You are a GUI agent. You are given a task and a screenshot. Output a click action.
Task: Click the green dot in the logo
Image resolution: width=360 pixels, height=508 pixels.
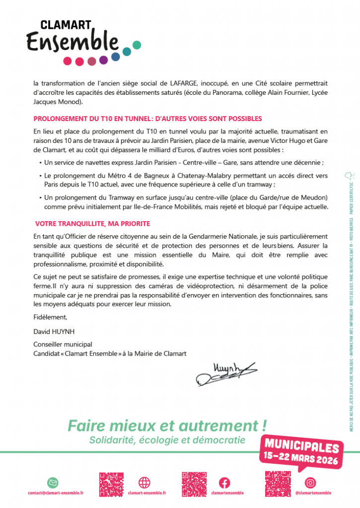(137, 45)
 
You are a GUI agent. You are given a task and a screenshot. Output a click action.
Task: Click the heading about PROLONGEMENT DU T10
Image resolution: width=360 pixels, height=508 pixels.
(147, 119)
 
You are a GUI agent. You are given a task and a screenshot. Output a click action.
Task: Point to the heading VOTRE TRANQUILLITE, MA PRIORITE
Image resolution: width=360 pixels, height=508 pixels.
(92, 224)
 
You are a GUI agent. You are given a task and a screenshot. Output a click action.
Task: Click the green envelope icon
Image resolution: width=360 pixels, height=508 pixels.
(53, 482)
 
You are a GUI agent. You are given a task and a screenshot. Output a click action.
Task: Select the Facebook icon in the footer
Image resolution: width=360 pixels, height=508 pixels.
(224, 482)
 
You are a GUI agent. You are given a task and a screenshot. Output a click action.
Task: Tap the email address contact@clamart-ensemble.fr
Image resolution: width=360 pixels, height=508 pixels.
(56, 493)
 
